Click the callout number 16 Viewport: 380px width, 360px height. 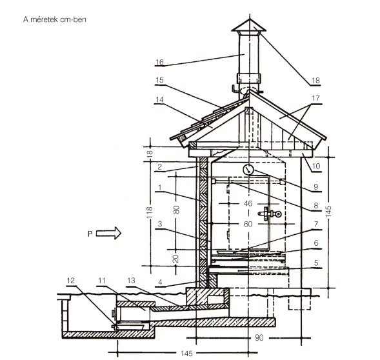[x=159, y=63]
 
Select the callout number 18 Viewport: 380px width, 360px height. [x=315, y=80]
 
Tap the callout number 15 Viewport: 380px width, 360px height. [x=159, y=80]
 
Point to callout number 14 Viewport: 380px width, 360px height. [x=159, y=99]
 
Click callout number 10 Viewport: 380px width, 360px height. [x=316, y=166]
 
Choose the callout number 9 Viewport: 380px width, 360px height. [x=315, y=186]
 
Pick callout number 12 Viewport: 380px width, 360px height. [x=70, y=281]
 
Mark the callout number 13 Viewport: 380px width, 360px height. [x=131, y=281]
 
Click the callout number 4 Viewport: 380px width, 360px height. [x=160, y=283]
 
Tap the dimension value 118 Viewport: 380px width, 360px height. [x=150, y=212]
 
